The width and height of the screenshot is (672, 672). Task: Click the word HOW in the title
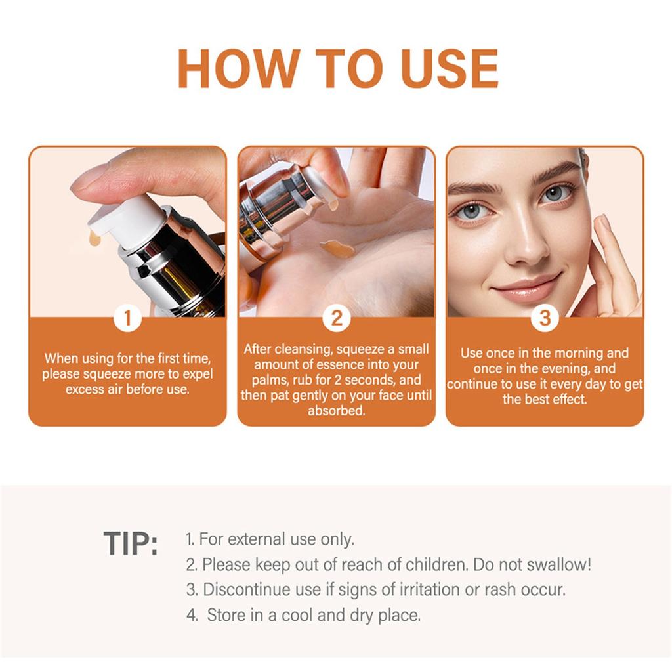click(x=237, y=68)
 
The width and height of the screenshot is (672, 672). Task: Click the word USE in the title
click(x=443, y=68)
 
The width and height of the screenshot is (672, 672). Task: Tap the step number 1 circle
click(x=127, y=319)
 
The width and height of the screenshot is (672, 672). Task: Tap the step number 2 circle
click(x=336, y=319)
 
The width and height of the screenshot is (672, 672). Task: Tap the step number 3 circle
click(x=545, y=319)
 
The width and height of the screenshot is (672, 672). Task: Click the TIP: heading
click(x=131, y=544)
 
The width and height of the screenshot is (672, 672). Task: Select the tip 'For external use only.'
click(x=270, y=539)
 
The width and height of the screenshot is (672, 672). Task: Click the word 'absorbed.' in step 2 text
click(x=336, y=411)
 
